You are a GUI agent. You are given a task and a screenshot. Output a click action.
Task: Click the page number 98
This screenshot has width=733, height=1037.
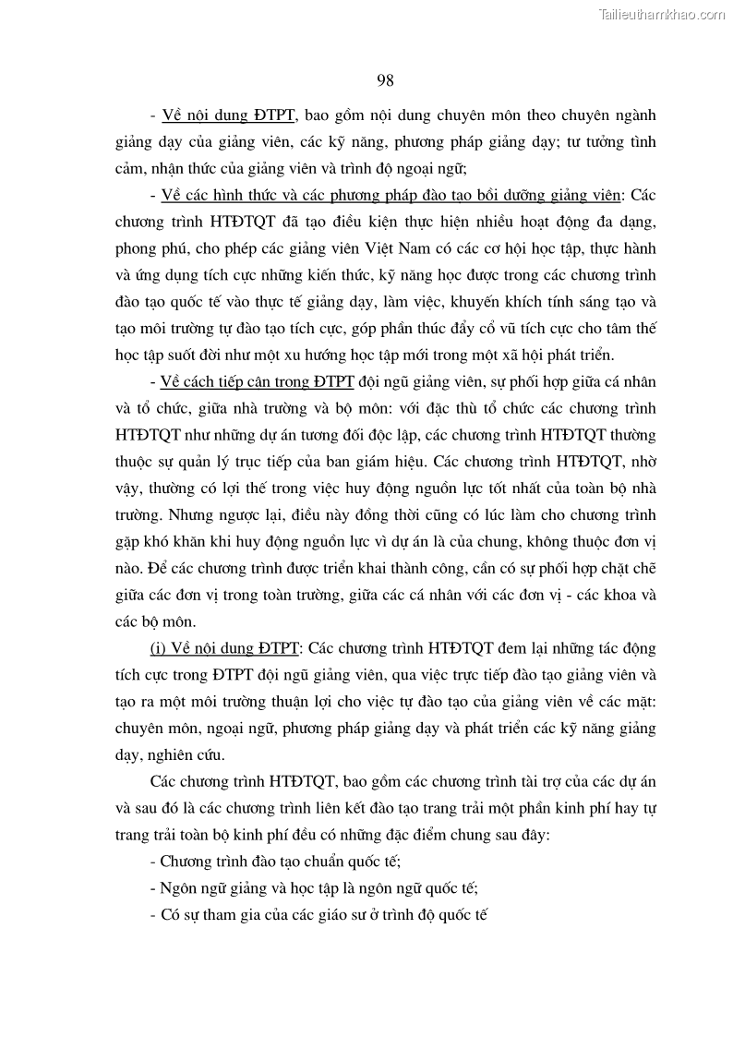386,80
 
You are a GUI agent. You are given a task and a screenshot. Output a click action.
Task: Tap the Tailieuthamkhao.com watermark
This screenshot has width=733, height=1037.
663,13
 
